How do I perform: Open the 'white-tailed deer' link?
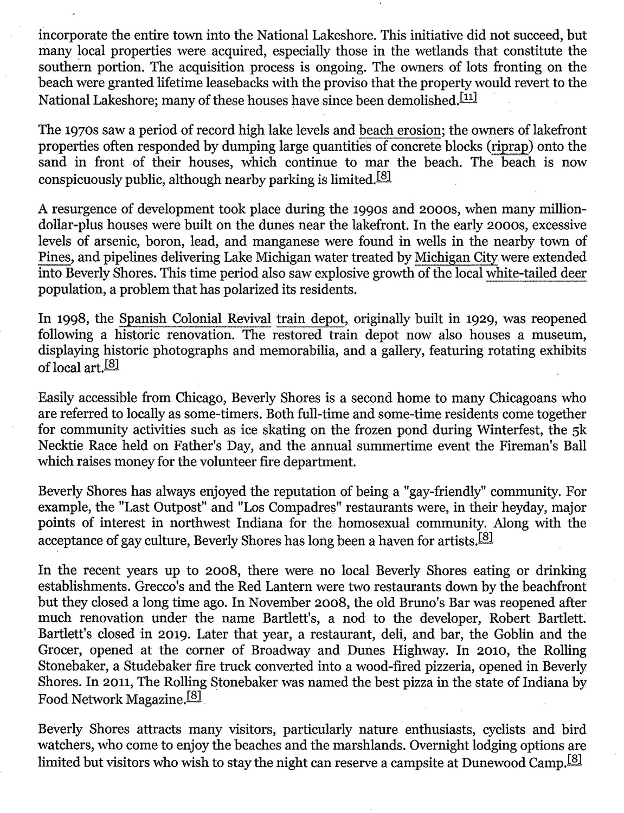click(x=536, y=273)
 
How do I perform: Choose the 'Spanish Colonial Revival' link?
click(x=195, y=319)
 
